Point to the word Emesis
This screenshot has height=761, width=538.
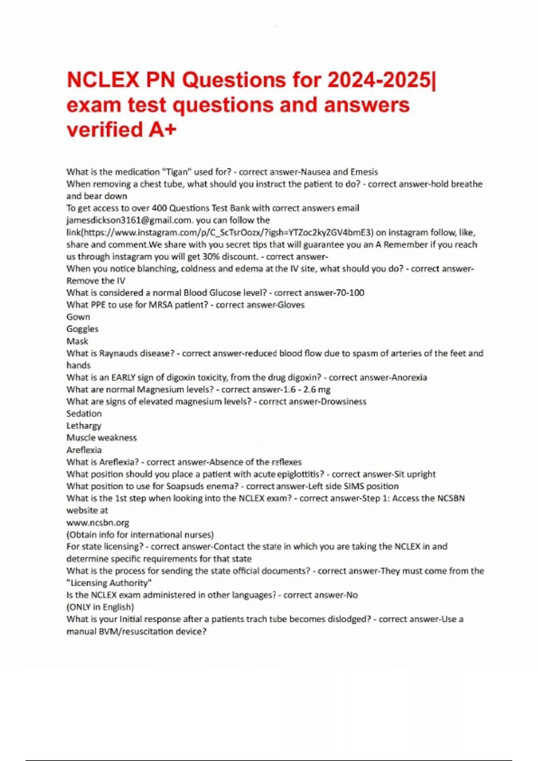coord(364,172)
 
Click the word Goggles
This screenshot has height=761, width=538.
coord(82,329)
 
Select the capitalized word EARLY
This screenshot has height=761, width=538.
coord(123,377)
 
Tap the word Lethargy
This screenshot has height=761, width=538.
coord(84,426)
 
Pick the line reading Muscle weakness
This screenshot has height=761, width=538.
coord(101,438)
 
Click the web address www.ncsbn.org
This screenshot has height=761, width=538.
coord(98,522)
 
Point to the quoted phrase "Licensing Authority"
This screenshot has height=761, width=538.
coord(109,583)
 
